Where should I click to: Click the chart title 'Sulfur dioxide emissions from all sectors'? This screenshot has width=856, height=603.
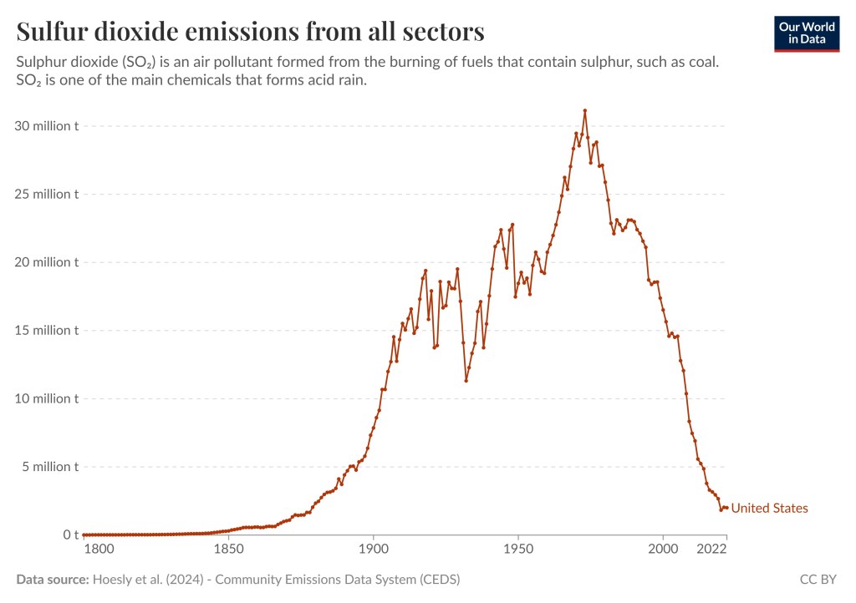click(250, 32)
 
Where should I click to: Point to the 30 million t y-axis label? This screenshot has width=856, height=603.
click(48, 126)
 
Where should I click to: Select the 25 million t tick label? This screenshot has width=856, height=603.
click(48, 194)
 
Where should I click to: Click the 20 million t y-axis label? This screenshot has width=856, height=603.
click(48, 262)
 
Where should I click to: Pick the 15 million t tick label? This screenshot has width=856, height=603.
click(48, 330)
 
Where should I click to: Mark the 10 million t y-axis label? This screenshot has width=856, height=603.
click(48, 398)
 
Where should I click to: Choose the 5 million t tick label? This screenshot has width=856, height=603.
click(51, 466)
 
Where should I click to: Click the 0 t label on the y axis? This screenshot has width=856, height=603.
click(71, 535)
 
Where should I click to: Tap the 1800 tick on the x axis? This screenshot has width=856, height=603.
click(99, 550)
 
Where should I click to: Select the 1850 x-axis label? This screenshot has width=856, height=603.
click(227, 550)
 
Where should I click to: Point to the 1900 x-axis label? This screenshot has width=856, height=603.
click(373, 550)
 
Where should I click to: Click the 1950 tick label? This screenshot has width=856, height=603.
click(517, 550)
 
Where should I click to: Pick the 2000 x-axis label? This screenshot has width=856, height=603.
click(663, 550)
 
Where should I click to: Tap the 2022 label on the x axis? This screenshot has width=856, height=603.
click(711, 550)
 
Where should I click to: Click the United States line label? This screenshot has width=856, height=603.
click(769, 508)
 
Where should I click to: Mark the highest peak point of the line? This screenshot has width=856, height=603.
click(585, 110)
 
